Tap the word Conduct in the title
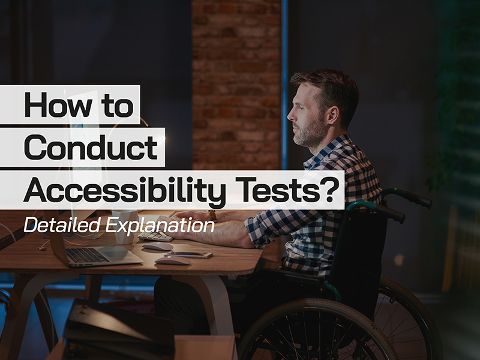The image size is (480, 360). click(91, 147)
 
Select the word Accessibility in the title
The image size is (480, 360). click(125, 190)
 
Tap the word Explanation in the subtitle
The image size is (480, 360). click(160, 226)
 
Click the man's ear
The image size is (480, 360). click(332, 114)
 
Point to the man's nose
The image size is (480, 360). click(290, 115)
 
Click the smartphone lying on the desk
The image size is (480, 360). click(188, 254)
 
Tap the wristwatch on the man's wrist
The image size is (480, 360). click(212, 215)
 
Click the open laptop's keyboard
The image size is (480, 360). click(86, 255)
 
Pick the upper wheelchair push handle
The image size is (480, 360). click(407, 196)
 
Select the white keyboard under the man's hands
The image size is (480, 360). click(155, 236)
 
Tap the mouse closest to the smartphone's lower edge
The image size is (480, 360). click(173, 260)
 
